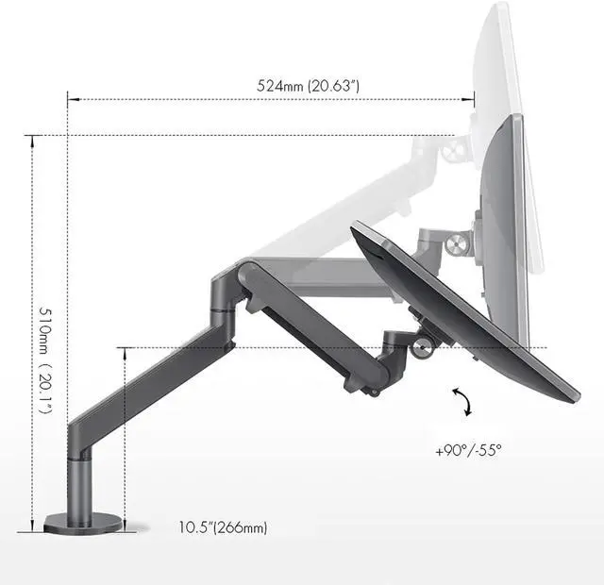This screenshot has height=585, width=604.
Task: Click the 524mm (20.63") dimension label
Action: click(x=308, y=86)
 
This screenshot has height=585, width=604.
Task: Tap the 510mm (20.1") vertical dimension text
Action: click(x=45, y=360)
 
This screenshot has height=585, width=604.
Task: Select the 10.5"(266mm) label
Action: click(x=223, y=527)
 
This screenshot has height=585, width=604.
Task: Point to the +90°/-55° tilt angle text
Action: click(x=468, y=450)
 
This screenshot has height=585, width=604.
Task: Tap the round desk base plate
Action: click(x=83, y=524)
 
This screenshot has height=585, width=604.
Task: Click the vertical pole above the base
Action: click(x=79, y=486)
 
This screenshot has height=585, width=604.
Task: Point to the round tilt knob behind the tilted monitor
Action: click(x=422, y=348)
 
